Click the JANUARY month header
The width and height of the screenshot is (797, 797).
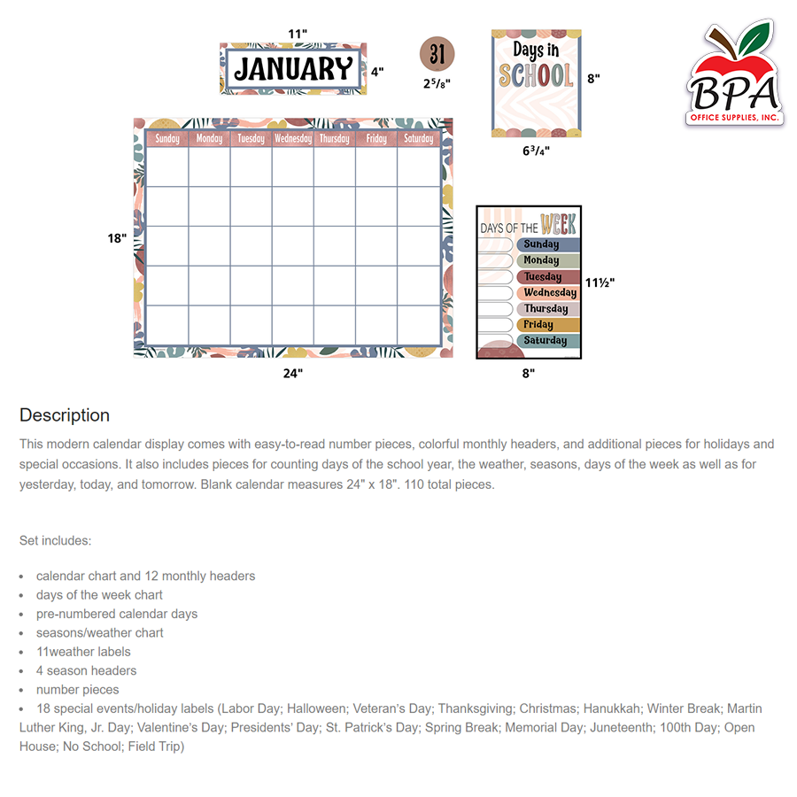[293, 69]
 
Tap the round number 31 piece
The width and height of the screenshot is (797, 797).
[437, 55]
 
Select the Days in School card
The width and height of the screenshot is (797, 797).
[536, 83]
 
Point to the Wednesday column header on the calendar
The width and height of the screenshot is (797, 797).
[293, 139]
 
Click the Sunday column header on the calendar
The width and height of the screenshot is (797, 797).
[167, 139]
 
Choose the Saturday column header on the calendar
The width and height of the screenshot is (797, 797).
[419, 139]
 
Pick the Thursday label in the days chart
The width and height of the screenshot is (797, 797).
[547, 309]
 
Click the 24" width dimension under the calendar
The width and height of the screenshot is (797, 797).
[293, 373]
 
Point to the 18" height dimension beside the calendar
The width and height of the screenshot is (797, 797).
[117, 238]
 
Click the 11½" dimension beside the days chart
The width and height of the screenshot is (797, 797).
[600, 282]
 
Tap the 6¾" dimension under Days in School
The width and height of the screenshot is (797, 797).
[536, 151]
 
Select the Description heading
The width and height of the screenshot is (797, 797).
[65, 415]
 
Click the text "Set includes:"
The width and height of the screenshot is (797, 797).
[55, 540]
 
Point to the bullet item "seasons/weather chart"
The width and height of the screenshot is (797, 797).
[100, 632]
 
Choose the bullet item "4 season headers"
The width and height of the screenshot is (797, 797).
[87, 670]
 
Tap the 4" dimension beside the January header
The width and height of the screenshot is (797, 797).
[377, 72]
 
